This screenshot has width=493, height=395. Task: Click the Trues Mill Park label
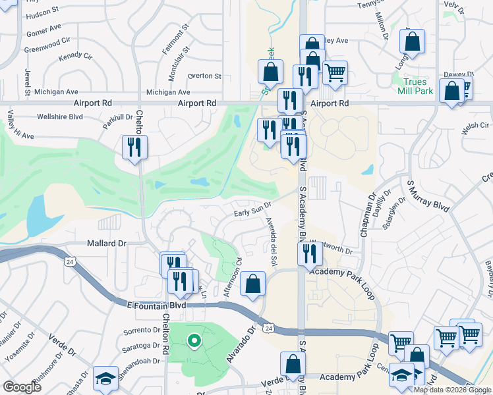point(416,86)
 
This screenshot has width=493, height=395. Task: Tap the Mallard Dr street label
point(106,244)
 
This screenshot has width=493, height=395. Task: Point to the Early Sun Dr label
point(253,211)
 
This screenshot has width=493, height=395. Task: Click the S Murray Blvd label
point(428,196)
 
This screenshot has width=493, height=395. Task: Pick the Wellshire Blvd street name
point(60,117)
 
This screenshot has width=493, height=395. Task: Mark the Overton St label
point(204,76)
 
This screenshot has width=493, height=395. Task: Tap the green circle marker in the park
point(193,341)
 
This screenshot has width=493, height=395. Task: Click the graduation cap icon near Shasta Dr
point(105,378)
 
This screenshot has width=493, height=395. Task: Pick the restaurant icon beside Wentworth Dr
point(310,253)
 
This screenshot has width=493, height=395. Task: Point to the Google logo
point(22,386)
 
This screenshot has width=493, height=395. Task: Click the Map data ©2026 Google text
point(452,390)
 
